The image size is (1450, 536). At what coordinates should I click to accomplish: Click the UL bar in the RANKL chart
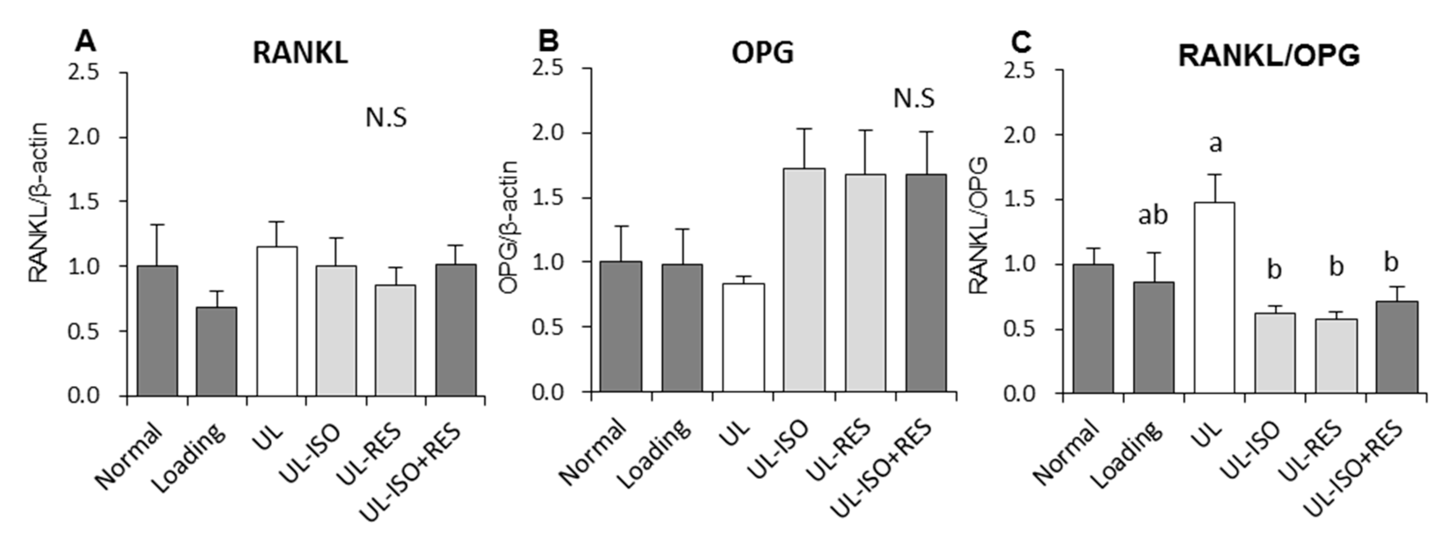[277, 321]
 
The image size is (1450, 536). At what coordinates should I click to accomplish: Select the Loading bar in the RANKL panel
[216, 351]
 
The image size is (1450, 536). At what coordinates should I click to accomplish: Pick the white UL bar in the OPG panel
[744, 338]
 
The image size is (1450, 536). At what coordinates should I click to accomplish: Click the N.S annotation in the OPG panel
[914, 99]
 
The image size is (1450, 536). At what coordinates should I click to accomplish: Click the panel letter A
[85, 41]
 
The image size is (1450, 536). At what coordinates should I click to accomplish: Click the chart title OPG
[762, 53]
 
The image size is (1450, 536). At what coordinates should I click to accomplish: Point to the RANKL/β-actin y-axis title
[38, 202]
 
